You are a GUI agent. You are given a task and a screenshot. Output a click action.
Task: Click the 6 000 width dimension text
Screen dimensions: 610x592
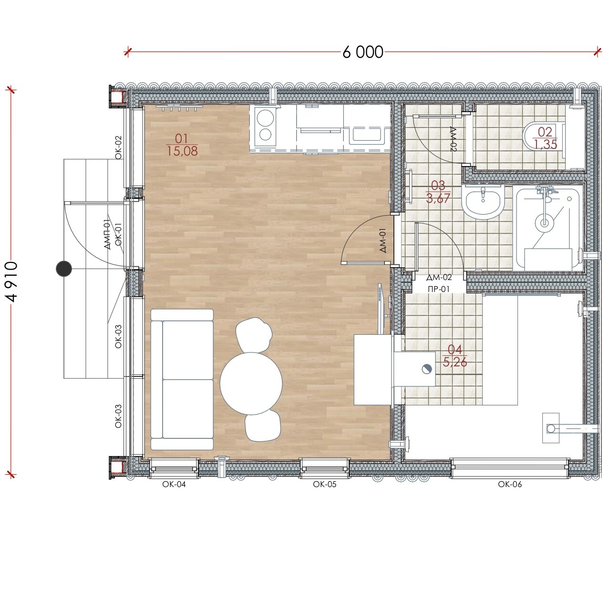tap(362, 52)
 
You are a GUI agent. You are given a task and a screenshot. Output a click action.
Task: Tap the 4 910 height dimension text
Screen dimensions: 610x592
tap(11, 281)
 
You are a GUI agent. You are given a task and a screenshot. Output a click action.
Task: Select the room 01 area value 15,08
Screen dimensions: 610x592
tap(182, 151)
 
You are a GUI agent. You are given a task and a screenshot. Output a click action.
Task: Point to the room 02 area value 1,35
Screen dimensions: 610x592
tap(546, 144)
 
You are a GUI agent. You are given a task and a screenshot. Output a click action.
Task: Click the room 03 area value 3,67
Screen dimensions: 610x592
tap(438, 198)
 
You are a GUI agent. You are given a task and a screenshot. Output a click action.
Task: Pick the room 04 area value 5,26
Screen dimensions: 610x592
tap(455, 362)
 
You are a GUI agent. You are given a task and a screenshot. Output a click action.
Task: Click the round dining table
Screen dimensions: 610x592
tap(251, 383)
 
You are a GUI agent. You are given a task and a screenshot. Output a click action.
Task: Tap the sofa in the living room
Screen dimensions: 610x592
tap(182, 380)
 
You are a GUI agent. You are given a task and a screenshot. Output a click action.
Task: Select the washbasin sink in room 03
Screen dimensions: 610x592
tap(483, 202)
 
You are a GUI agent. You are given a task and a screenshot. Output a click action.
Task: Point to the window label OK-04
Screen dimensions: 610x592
tap(174, 485)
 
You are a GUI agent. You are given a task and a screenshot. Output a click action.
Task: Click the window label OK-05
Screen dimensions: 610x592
tap(324, 485)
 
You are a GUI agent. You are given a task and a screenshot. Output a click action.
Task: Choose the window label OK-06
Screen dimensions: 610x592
tap(510, 485)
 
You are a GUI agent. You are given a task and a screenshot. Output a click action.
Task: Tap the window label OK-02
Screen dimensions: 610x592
tap(118, 147)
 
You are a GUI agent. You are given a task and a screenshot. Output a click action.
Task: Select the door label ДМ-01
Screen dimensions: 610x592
tap(383, 240)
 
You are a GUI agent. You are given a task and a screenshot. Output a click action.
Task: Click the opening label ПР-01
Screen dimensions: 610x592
tap(439, 289)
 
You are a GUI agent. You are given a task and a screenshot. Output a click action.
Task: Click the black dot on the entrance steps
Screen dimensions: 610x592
tap(64, 269)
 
